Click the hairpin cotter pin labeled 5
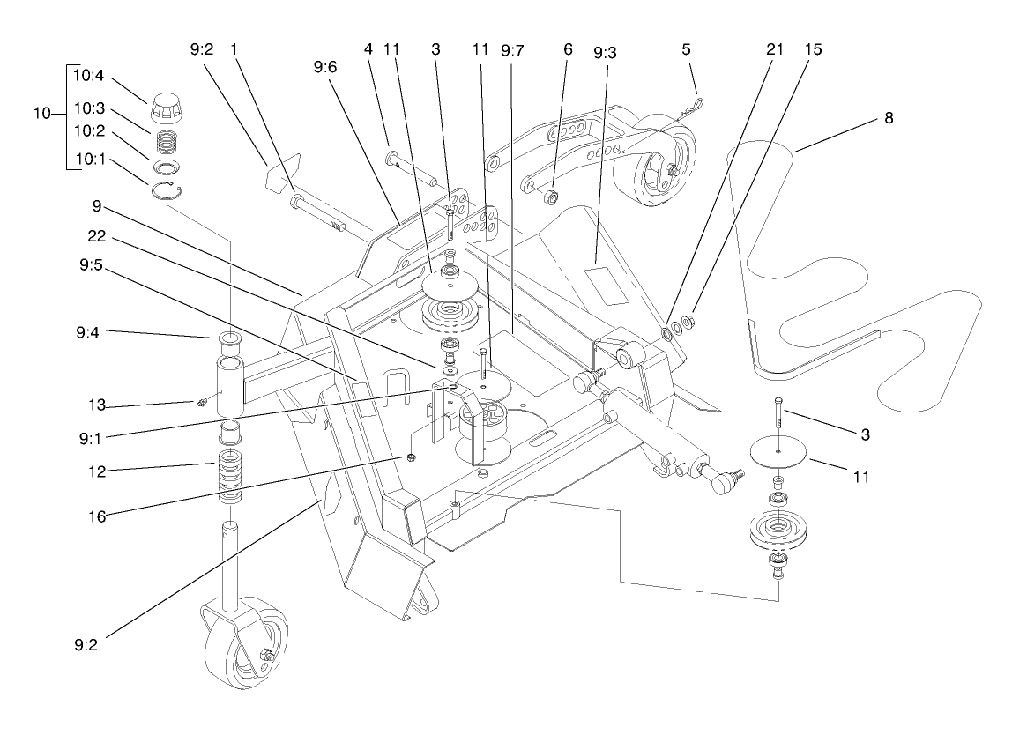(695, 109)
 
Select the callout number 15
(813, 50)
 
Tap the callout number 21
(775, 50)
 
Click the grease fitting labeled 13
(201, 404)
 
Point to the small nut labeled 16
(411, 457)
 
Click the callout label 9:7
(512, 50)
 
